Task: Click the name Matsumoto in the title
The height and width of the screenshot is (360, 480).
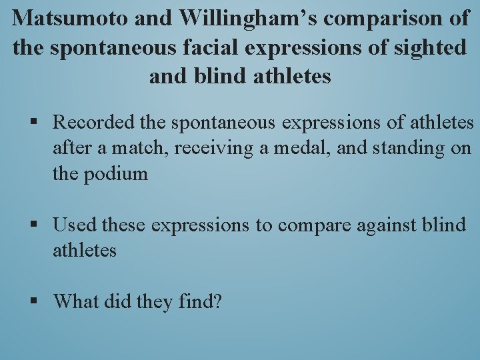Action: pyautogui.click(x=69, y=18)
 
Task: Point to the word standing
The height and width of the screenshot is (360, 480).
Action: pyautogui.click(x=409, y=148)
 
